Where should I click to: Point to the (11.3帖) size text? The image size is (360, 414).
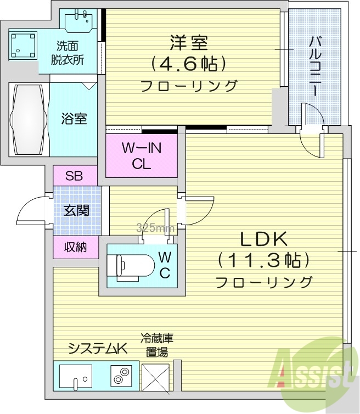(x=263, y=260)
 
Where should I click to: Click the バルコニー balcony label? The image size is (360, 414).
(x=315, y=66)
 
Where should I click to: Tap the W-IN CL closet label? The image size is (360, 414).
(x=142, y=156)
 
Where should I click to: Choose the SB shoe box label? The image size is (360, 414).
(x=75, y=176)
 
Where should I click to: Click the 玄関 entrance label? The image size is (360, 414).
(x=76, y=210)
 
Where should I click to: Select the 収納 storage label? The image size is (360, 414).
(x=76, y=247)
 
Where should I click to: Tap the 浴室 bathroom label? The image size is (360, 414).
(x=74, y=119)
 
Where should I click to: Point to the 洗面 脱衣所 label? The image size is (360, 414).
(x=70, y=54)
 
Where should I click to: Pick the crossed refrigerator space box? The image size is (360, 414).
(x=155, y=377)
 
